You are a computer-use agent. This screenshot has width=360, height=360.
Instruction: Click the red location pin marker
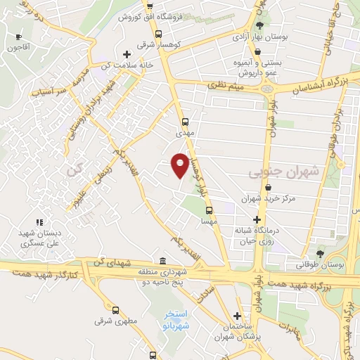(180, 165)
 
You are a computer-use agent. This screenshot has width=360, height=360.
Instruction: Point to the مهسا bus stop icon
(209, 210)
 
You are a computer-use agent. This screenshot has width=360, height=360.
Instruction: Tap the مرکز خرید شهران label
(270, 199)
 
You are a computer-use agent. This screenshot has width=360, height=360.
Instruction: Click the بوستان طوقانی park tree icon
(321, 253)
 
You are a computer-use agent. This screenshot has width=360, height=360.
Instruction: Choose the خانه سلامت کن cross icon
(127, 54)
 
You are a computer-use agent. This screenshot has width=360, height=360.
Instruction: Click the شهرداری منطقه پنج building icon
(163, 262)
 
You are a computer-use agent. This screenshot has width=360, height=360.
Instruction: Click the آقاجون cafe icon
(18, 37)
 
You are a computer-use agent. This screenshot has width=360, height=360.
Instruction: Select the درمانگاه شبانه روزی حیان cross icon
(257, 220)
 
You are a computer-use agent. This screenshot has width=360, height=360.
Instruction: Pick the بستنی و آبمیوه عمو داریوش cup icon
(258, 52)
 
